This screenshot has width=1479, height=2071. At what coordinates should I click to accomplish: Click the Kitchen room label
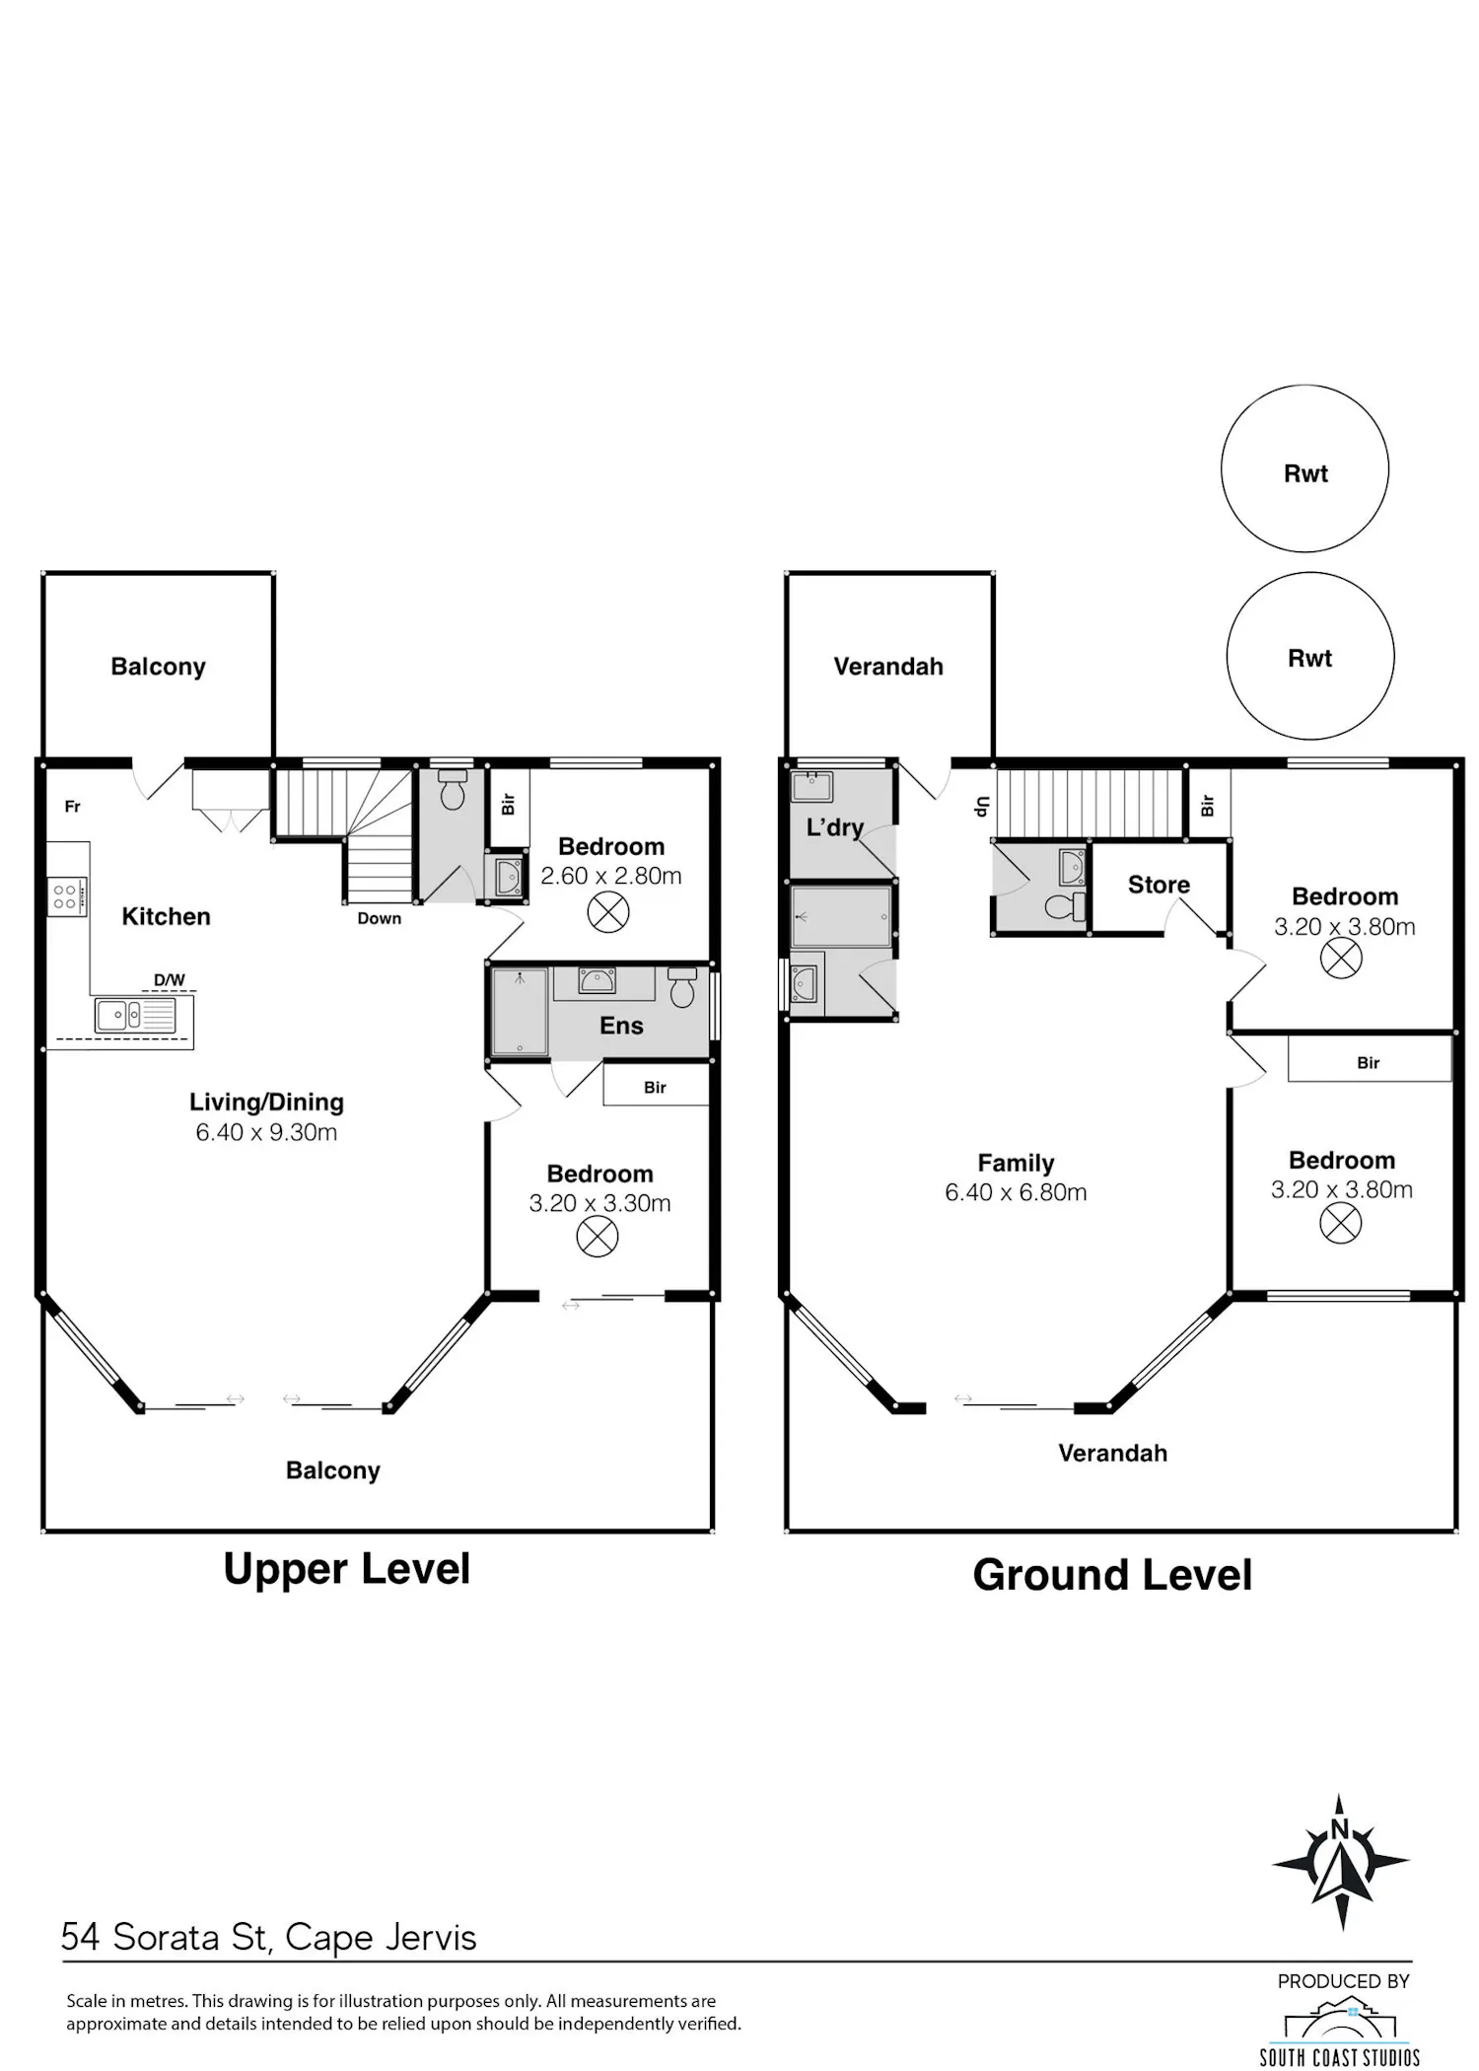166,916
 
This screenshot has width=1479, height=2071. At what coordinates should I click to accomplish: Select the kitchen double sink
135,1015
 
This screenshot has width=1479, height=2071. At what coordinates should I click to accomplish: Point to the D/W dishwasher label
169,979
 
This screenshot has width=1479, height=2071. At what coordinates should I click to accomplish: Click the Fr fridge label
72,807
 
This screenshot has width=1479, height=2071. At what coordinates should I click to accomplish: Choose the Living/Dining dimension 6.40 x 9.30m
266,1132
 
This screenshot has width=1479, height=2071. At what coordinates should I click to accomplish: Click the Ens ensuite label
621,1026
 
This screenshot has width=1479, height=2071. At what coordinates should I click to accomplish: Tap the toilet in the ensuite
682,987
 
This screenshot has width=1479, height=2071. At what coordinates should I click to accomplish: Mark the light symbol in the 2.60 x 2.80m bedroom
608,912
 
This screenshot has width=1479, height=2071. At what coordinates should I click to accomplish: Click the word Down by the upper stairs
380,918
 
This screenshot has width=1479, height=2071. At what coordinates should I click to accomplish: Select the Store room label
1159,885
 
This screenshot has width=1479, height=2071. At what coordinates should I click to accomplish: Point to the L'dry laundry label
834,827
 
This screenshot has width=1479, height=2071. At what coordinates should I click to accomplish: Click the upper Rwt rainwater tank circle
1304,468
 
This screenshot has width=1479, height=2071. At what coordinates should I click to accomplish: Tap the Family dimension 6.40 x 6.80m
1016,1192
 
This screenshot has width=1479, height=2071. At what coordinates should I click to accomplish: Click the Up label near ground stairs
981,807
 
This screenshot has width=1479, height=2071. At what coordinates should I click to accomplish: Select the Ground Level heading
1112,1575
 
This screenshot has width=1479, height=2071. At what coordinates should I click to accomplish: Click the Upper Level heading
347,1569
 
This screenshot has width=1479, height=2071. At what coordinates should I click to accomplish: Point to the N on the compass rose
1339,1830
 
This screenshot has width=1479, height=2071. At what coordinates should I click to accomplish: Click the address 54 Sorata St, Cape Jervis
268,1937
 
